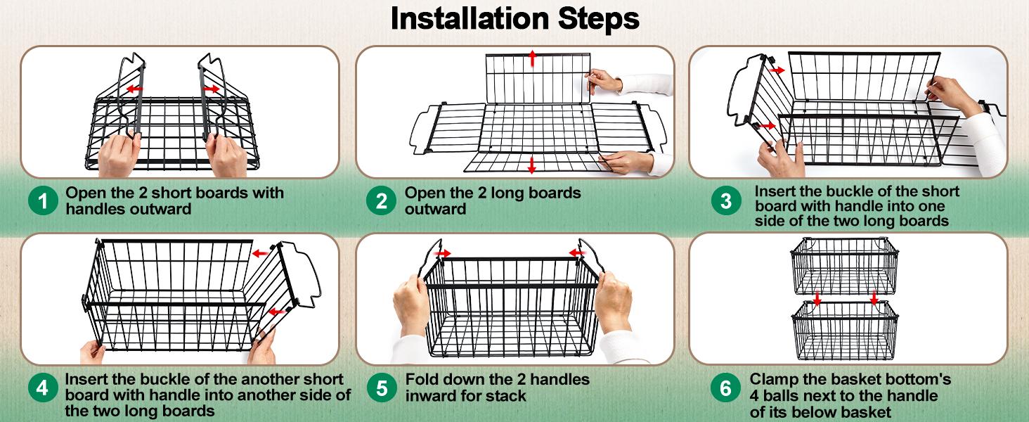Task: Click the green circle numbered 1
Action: point(43,201)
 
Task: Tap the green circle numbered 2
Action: point(381,201)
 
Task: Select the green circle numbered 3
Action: point(726,201)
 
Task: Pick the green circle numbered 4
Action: point(43,388)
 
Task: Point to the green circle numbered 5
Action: point(382,388)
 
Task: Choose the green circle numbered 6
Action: point(726,388)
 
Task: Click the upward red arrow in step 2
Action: point(532,58)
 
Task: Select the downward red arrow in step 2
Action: point(532,165)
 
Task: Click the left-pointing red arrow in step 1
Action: point(134,88)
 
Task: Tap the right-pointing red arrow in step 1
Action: point(212,88)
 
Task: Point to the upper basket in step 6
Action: point(844,266)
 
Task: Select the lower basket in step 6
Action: point(845,331)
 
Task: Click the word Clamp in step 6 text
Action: point(774,381)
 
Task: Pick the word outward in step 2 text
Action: point(435,209)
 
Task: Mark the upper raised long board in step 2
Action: point(538,79)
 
